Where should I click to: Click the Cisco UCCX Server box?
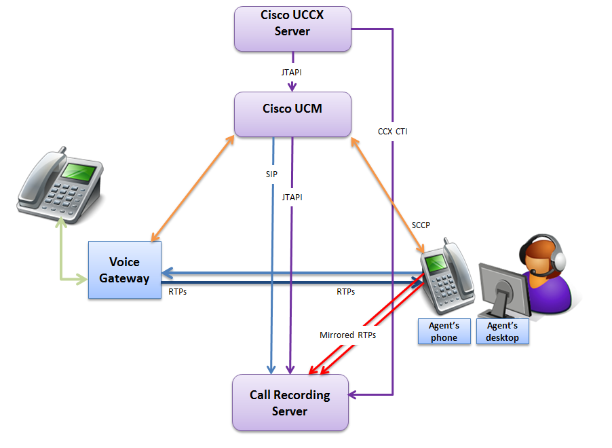point(292,29)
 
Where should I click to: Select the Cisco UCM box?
point(292,114)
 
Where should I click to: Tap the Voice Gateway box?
point(124,269)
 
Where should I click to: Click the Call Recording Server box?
point(290,403)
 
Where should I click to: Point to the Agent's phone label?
point(444,332)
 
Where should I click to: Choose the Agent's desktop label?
point(502,332)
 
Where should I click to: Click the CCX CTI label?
point(393,132)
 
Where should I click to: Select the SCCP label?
point(421,225)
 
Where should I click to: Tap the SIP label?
point(271,174)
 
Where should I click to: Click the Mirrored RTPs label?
point(347,335)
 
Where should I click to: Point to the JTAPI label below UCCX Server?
point(292,71)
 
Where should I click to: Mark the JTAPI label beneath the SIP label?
point(292,197)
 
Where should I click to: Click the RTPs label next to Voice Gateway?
point(178,292)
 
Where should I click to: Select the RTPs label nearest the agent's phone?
point(345,292)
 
